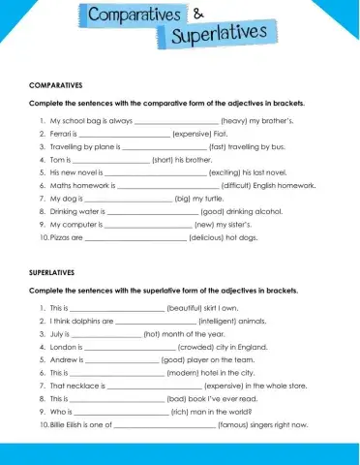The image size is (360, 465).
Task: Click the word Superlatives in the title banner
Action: pyautogui.click(x=218, y=37)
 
